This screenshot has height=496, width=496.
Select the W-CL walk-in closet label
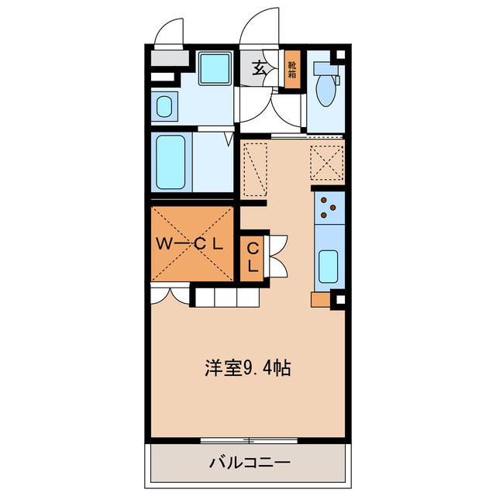191,243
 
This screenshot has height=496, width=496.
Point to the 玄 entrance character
260,68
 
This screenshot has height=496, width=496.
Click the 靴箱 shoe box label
292,71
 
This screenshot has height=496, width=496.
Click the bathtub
171,162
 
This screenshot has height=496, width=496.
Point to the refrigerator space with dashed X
326,162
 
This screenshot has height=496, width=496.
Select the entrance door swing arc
259,28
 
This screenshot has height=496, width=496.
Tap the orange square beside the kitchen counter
319,299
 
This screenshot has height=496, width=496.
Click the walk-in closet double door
170,293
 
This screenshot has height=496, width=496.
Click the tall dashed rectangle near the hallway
253,168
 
